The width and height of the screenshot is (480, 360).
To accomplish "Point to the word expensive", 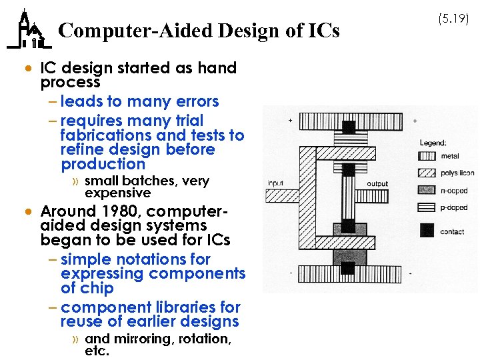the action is pyautogui.click(x=118, y=193).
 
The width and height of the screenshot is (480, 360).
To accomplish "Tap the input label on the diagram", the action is pyautogui.click(x=275, y=183).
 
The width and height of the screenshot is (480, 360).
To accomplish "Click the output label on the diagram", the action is pyautogui.click(x=377, y=183).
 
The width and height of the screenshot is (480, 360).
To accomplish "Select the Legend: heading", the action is pyautogui.click(x=433, y=142).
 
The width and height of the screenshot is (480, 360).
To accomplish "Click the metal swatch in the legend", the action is pyautogui.click(x=427, y=157).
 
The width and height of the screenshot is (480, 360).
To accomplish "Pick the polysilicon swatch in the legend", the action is pyautogui.click(x=427, y=173).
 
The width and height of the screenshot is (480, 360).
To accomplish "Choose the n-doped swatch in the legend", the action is pyautogui.click(x=427, y=190).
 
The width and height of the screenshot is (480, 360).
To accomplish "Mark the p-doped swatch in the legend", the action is pyautogui.click(x=427, y=207).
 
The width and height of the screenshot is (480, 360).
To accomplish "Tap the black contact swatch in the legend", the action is pyautogui.click(x=427, y=231).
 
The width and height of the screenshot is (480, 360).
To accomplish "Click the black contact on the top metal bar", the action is pyautogui.click(x=348, y=126).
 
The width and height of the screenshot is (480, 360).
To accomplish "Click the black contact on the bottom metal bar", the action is pyautogui.click(x=348, y=268).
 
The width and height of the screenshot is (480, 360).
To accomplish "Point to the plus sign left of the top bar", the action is pyautogui.click(x=290, y=121).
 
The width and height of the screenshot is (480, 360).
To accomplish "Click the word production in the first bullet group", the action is pyautogui.click(x=103, y=164).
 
